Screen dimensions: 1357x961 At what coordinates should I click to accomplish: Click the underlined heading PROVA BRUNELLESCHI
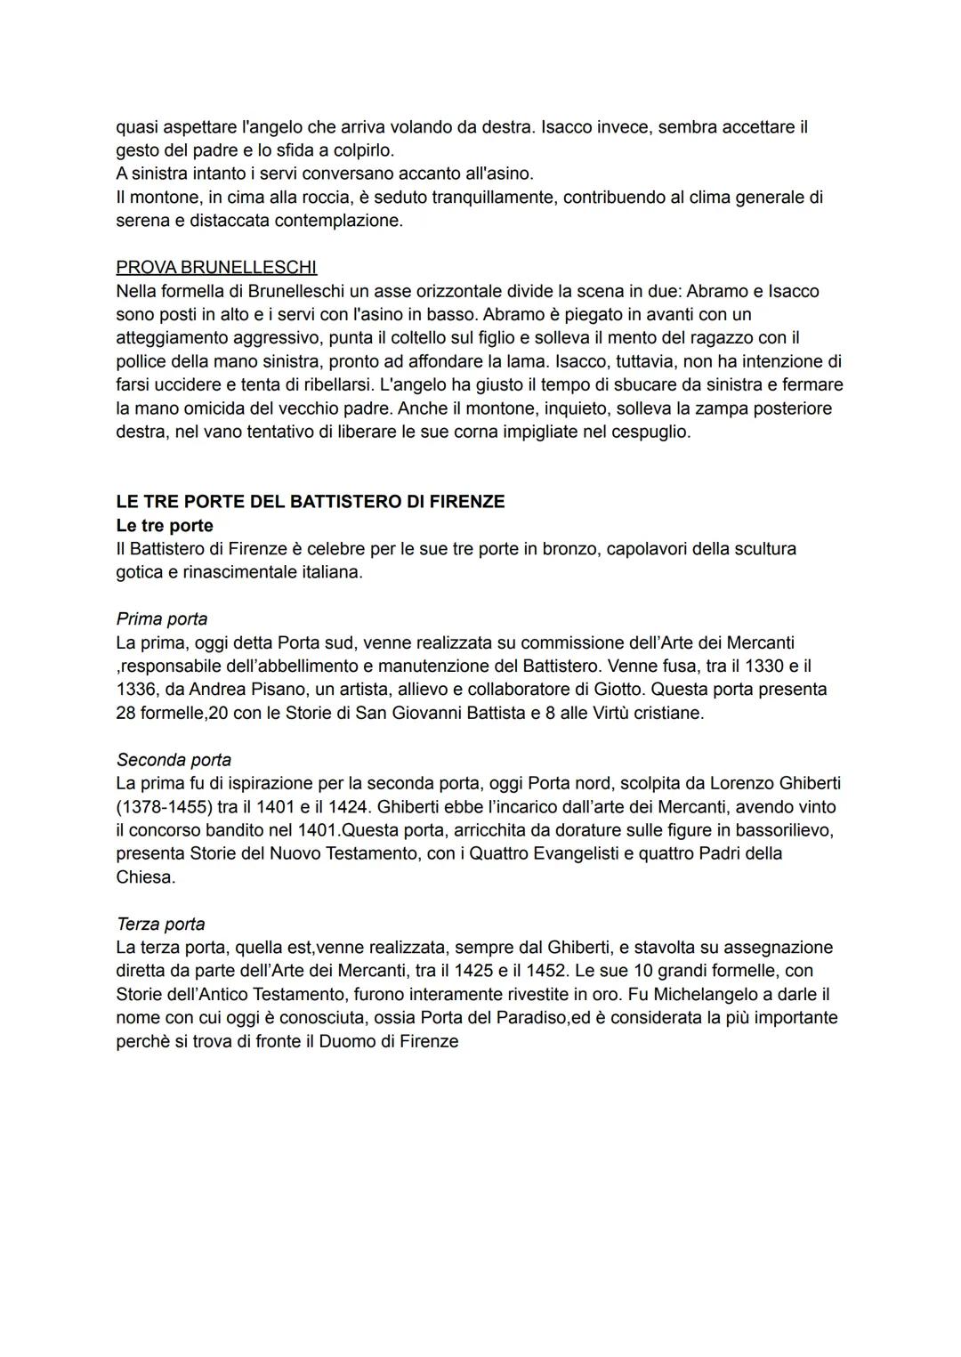[216, 267]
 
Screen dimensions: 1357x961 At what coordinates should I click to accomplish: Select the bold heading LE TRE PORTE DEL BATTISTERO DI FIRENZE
[311, 502]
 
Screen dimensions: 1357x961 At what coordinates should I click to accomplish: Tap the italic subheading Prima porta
[162, 618]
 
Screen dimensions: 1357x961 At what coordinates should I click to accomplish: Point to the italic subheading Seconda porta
[174, 760]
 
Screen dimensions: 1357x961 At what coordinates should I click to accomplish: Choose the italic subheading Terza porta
[160, 924]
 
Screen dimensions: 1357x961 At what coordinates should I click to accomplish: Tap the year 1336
[136, 690]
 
